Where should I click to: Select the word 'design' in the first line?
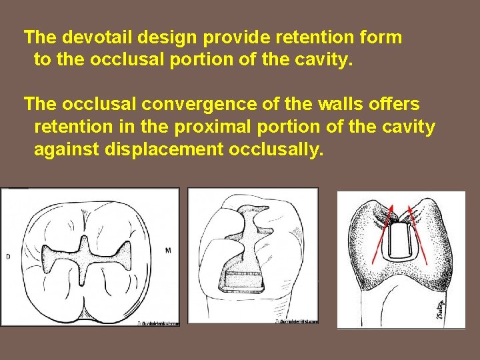(x=159, y=37)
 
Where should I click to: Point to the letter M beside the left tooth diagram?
(x=167, y=250)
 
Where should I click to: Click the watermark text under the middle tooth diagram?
(x=297, y=321)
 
